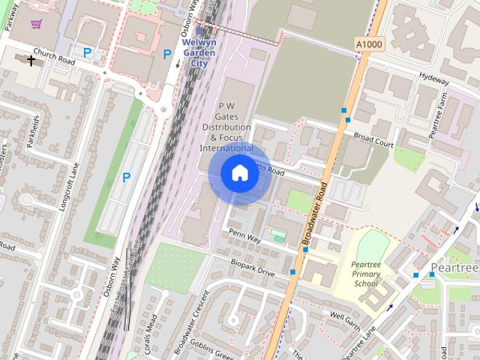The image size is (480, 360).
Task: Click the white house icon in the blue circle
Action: click(x=238, y=173)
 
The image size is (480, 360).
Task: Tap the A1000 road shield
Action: click(x=368, y=46)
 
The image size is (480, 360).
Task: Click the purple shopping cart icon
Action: click(x=36, y=24)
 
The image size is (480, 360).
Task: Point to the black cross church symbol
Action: click(x=31, y=60)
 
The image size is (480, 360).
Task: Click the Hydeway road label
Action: click(x=433, y=77)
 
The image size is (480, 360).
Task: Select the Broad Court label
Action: click(x=373, y=140)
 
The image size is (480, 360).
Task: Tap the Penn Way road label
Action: click(x=244, y=238)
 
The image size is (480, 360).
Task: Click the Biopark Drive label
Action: click(x=253, y=267)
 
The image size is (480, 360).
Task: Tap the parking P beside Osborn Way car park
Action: click(x=126, y=178)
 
